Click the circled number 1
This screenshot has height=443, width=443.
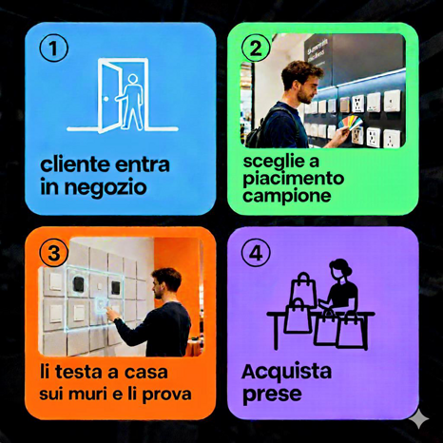(53, 48)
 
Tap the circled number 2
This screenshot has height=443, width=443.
(256, 48)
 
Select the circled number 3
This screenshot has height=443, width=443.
(53, 254)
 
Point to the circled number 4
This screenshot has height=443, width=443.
(256, 254)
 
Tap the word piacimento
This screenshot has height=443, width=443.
(294, 179)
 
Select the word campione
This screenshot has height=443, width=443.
(287, 196)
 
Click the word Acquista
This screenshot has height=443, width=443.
(286, 372)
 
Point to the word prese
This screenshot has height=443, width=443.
(272, 395)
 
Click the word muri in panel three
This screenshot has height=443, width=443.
(87, 394)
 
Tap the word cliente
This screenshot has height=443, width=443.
(75, 164)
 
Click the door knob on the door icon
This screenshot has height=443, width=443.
(106, 99)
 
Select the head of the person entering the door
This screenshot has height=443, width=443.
(133, 79)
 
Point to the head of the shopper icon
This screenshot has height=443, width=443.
(340, 268)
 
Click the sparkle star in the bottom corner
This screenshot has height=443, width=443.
(418, 419)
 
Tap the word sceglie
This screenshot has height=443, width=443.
(269, 162)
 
